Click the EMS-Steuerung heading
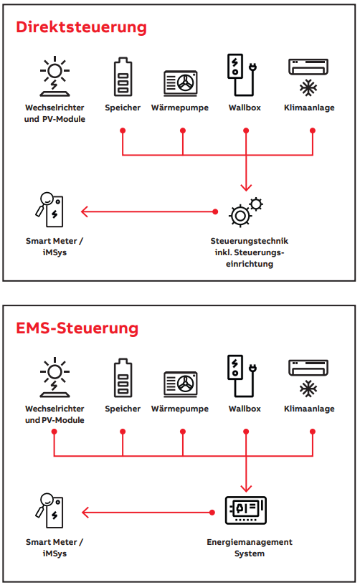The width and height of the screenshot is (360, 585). [x=77, y=328]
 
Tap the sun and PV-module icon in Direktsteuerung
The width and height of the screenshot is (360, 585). [x=55, y=77]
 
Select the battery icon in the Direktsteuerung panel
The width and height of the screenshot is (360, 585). [x=123, y=77]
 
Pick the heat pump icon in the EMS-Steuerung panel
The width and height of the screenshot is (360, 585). [x=181, y=384]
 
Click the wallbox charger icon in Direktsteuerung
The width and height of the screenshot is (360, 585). [x=242, y=75]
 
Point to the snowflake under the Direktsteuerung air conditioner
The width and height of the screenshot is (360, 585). [x=308, y=88]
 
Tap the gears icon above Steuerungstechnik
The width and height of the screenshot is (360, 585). [x=246, y=212]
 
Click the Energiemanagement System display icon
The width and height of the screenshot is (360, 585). [x=246, y=510]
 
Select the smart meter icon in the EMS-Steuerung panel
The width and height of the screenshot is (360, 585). [x=49, y=510]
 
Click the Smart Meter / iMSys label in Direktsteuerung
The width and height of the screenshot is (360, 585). [x=55, y=247]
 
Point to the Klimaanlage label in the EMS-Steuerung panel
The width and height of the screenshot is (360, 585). [x=309, y=409]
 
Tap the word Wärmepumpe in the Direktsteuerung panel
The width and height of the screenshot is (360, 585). [x=180, y=108]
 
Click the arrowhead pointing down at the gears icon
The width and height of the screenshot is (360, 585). [x=246, y=187]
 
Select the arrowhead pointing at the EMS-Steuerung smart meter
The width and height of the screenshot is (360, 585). [x=85, y=513]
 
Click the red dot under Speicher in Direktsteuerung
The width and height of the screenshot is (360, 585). [x=123, y=130]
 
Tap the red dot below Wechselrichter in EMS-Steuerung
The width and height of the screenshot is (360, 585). [x=55, y=432]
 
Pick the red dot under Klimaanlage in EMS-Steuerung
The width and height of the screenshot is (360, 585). [x=313, y=432]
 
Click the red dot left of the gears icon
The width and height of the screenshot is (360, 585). [x=215, y=212]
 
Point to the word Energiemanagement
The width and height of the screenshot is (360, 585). [x=250, y=543]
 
